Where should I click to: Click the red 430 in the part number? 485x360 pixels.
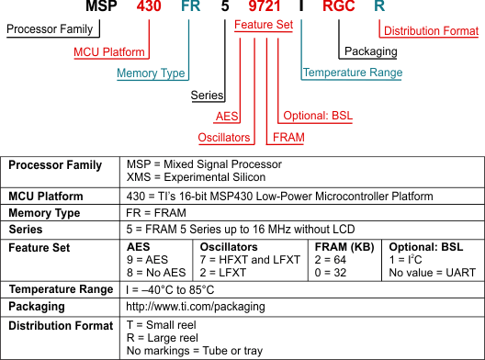pyautogui.click(x=149, y=6)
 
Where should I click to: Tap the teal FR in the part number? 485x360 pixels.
pyautogui.click(x=191, y=6)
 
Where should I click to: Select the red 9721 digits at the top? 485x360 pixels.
pyautogui.click(x=265, y=6)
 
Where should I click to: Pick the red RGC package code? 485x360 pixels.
pyautogui.click(x=339, y=6)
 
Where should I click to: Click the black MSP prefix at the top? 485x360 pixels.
pyautogui.click(x=101, y=6)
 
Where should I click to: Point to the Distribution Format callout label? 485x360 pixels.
pyautogui.click(x=431, y=31)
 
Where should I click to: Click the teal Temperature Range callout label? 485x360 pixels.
pyautogui.click(x=353, y=73)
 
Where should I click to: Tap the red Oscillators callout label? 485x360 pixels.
pyautogui.click(x=224, y=138)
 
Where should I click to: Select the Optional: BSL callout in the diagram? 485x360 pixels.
pyautogui.click(x=318, y=116)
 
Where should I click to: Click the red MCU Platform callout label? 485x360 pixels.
pyautogui.click(x=109, y=52)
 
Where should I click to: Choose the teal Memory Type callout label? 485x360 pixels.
pyautogui.click(x=151, y=73)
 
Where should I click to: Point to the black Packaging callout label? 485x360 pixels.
pyautogui.click(x=371, y=51)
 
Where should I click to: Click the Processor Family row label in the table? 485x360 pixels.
pyautogui.click(x=55, y=164)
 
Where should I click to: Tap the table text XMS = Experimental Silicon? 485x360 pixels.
pyautogui.click(x=196, y=177)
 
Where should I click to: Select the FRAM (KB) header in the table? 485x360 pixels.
pyautogui.click(x=344, y=247)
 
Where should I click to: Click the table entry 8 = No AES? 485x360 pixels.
pyautogui.click(x=156, y=273)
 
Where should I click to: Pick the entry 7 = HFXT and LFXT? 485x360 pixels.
pyautogui.click(x=250, y=260)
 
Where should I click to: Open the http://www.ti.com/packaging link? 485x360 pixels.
pyautogui.click(x=196, y=307)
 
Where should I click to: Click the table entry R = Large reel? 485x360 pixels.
pyautogui.click(x=163, y=338)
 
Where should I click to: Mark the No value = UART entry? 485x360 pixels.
pyautogui.click(x=433, y=273)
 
